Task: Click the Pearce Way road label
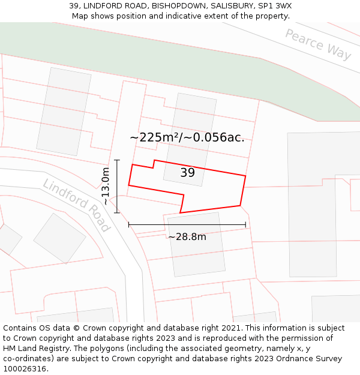point(318,44)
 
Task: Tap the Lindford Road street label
point(76,205)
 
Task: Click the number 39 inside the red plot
point(187,173)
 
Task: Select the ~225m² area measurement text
point(187,137)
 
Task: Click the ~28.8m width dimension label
point(187,237)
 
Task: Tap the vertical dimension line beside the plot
point(117,187)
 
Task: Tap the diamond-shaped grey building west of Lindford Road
point(60,238)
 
